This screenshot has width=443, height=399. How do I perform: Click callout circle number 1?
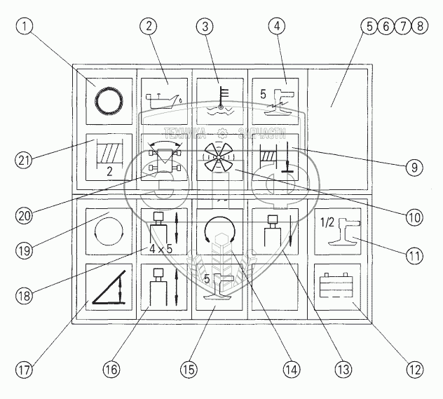pos(23,27)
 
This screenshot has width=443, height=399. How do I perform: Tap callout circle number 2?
pos(148,27)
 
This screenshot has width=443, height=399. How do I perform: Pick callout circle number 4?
pos(278,27)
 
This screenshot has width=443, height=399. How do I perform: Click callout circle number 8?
pos(419,27)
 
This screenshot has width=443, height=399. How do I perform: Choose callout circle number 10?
pos(414,217)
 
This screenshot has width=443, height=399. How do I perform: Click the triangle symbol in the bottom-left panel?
pos(109,289)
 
